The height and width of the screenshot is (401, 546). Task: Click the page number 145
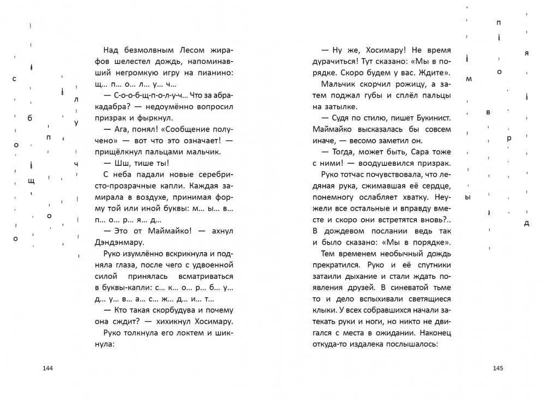click(x=497, y=368)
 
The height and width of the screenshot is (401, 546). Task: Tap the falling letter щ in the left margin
click(x=32, y=180)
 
